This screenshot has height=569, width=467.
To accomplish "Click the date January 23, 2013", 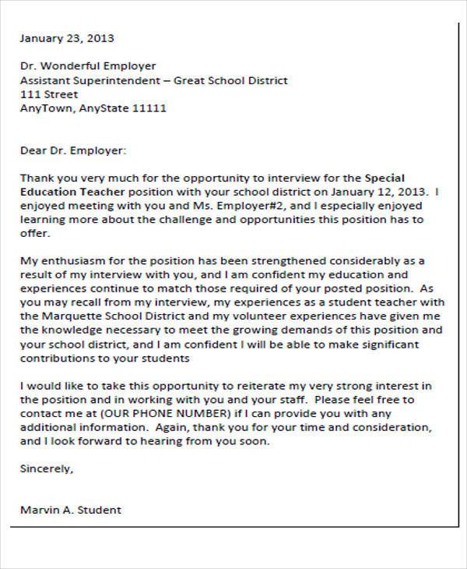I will coord(66,37).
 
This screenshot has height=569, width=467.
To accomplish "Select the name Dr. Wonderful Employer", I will coord(88,66).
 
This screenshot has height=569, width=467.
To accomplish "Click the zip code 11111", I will coord(150,108).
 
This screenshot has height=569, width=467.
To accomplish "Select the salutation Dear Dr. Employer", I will coord(72,150).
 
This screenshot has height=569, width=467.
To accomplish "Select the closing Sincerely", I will coord(47,469).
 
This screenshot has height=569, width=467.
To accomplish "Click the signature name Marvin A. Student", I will coord(70,511).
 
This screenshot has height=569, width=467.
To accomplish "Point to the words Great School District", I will coord(230,80).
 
